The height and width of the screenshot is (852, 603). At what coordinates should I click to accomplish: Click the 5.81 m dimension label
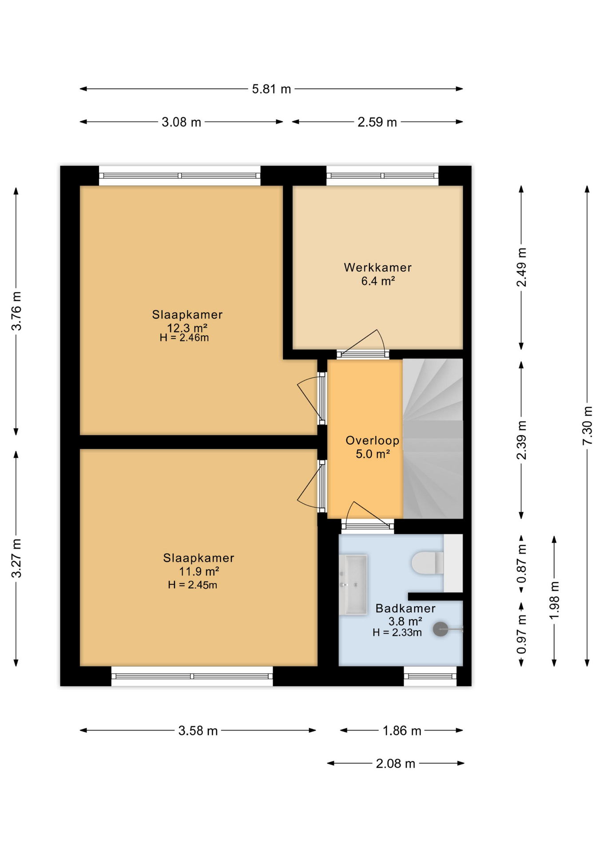(x=271, y=89)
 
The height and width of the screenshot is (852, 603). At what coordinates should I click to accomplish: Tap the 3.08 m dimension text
(x=181, y=122)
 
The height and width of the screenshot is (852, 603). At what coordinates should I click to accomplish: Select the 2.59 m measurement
(x=377, y=122)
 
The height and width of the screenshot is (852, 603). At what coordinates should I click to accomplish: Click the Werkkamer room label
(x=377, y=268)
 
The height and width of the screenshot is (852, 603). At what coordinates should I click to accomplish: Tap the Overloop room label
(x=372, y=441)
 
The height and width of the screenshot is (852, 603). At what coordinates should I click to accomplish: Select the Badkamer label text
(x=405, y=608)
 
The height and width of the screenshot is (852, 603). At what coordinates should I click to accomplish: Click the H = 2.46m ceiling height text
(x=184, y=338)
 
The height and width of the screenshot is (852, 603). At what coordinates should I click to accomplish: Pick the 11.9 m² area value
(x=198, y=571)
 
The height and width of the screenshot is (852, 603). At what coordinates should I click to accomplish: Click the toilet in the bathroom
(x=426, y=563)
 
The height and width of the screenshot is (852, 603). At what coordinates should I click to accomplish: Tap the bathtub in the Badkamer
(x=353, y=584)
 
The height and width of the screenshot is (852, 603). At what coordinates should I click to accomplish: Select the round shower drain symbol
(x=440, y=629)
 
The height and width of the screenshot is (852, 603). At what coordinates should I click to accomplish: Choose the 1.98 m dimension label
(x=554, y=601)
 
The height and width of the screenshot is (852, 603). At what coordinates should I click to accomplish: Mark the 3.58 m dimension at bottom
(x=198, y=731)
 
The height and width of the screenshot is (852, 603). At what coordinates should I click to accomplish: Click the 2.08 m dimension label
(x=395, y=764)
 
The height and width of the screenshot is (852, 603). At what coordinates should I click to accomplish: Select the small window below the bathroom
(x=430, y=676)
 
